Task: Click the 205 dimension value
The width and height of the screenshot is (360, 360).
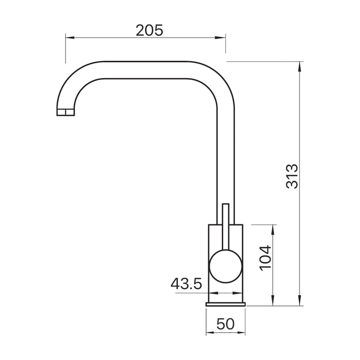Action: (150, 30)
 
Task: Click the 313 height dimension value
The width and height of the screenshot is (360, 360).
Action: (292, 176)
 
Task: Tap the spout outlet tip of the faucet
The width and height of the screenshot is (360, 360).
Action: (64, 112)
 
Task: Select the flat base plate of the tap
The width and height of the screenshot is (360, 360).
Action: (227, 304)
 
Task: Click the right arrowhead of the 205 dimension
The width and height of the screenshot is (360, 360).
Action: (222, 37)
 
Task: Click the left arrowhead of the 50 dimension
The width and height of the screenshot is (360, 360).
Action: (209, 333)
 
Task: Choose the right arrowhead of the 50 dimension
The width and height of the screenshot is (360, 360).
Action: (244, 333)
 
